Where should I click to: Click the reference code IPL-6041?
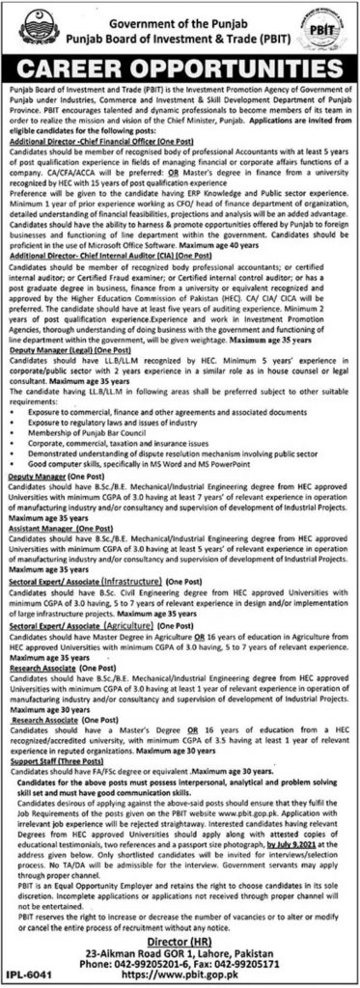26,976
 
